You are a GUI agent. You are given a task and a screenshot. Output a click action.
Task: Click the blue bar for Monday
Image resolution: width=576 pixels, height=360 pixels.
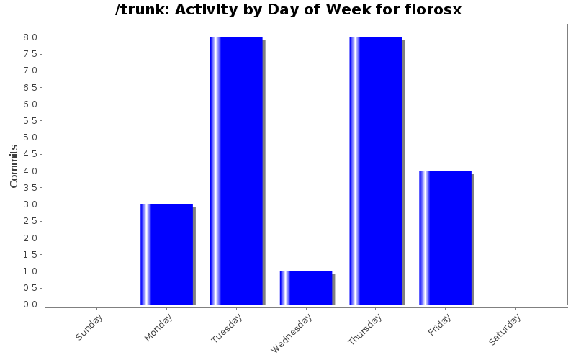tap(166, 254)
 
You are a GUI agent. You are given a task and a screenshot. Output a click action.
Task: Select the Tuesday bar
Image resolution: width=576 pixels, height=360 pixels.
tap(236, 171)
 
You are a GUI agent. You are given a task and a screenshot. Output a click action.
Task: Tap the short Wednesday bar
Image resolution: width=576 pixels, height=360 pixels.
tap(306, 287)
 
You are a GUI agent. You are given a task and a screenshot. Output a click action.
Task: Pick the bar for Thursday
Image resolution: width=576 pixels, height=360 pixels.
tap(375, 171)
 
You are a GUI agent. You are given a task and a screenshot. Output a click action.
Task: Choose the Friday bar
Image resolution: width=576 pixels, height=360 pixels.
tap(445, 238)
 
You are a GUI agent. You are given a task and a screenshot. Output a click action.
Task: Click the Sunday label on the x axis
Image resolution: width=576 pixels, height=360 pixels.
tap(90, 327)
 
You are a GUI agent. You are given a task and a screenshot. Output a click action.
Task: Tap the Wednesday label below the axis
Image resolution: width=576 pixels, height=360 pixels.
tap(292, 333)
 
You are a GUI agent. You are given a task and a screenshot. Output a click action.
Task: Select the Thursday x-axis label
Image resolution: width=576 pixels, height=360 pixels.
tap(364, 330)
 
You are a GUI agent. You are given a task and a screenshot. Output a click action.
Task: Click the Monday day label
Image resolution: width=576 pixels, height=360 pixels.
tap(159, 327)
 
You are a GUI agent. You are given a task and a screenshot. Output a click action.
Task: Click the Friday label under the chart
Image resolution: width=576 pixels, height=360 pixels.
tap(440, 325)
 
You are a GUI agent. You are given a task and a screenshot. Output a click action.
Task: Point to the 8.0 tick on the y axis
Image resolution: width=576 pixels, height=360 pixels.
tap(30, 37)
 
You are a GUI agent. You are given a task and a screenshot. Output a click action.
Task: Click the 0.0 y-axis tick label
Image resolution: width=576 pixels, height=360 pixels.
tap(30, 305)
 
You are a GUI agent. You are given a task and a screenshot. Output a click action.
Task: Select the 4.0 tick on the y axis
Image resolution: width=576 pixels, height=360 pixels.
tap(30, 171)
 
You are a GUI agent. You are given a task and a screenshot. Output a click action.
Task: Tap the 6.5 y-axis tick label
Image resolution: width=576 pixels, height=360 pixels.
tap(30, 88)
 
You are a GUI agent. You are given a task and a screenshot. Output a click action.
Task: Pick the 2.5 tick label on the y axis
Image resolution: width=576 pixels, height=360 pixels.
tap(30, 221)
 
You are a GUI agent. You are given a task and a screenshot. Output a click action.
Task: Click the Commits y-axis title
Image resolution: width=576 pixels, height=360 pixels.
tap(14, 166)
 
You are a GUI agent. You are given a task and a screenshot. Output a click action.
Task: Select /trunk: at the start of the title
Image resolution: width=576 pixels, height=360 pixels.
tap(141, 10)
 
